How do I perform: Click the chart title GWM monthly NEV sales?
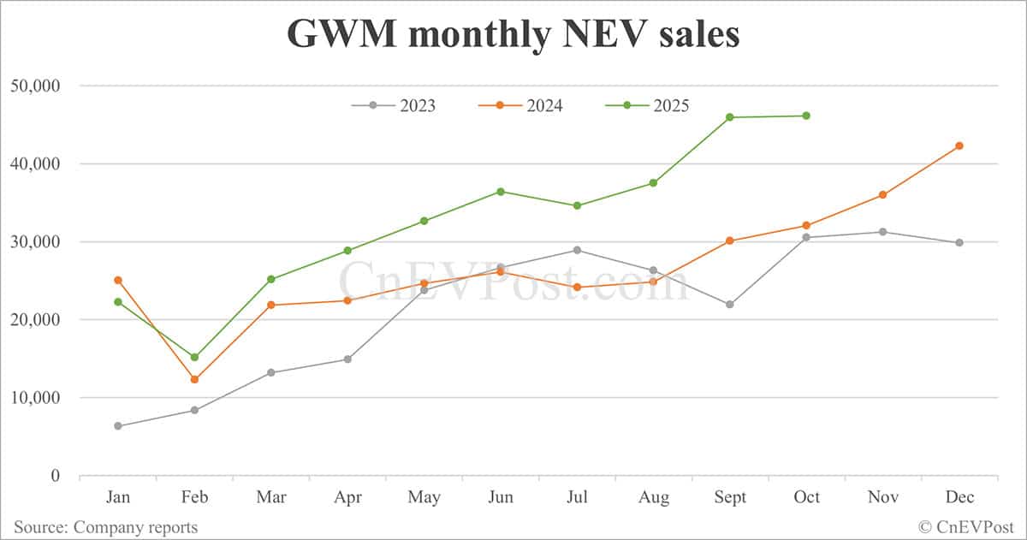coord(513,34)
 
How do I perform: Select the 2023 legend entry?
coord(394,105)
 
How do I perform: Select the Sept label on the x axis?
coord(729,498)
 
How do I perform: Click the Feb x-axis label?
coord(194,498)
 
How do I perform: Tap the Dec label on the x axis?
coord(959,498)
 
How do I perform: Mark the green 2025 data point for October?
coord(806,116)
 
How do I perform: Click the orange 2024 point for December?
coord(959,145)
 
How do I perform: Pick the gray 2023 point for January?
coord(118,426)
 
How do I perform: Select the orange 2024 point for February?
coord(194,379)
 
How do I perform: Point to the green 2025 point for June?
coord(501,192)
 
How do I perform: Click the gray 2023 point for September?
coord(730,305)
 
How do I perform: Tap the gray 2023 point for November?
coord(883,232)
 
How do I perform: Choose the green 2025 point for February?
coord(194,357)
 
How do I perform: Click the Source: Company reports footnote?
coord(105,527)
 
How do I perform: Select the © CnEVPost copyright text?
coord(966,527)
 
